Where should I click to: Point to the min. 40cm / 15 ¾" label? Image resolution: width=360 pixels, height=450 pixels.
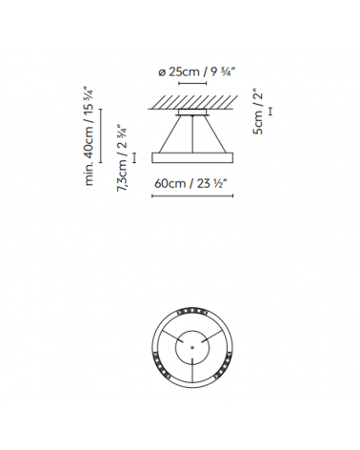click(x=90, y=135)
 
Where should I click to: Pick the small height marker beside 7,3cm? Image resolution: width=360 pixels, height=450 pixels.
click(x=135, y=157)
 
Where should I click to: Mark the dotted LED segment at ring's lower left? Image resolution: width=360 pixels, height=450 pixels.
click(x=159, y=367)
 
